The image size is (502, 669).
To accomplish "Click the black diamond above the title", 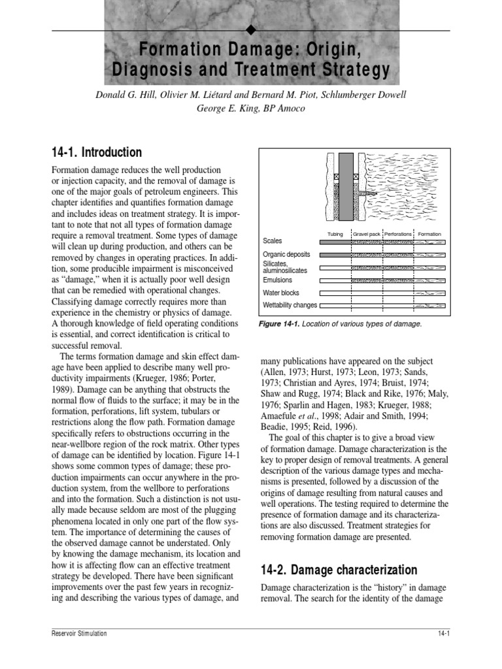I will [x=251, y=31].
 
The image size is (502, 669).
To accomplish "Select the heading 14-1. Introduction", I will [x=96, y=152].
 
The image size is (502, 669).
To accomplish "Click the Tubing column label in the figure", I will [x=335, y=234].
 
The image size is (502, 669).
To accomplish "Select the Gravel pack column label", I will [x=367, y=234].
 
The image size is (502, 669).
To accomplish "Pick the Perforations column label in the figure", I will [x=398, y=234].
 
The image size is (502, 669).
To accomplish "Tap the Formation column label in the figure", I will [x=430, y=234].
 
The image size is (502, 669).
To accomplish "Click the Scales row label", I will [x=273, y=242].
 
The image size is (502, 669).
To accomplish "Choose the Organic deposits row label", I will [x=286, y=254].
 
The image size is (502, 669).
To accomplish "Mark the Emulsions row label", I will [x=277, y=280].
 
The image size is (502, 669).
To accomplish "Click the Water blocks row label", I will [x=281, y=293].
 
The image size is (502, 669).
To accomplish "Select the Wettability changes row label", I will [x=290, y=305].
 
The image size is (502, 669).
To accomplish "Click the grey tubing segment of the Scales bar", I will [x=335, y=242].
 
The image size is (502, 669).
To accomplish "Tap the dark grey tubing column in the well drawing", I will [x=346, y=189].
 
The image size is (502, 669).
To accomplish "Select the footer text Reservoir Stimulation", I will [x=78, y=634].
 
